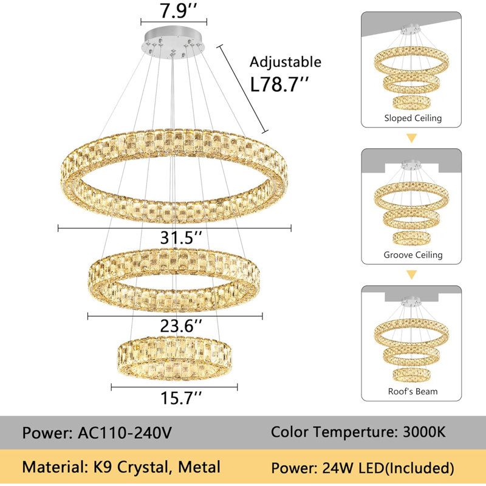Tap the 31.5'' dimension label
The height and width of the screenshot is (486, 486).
pos(181,238)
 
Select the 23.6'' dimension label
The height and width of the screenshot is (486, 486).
pos(181,326)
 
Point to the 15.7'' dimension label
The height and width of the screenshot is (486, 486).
pos(181,398)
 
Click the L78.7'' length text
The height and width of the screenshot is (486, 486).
pos(279,84)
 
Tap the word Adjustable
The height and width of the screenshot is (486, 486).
pos(286,63)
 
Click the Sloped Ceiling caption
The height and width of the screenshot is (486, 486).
pos(413,118)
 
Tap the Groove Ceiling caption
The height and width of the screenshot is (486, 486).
pos(413,255)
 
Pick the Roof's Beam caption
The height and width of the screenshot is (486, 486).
pos(413,391)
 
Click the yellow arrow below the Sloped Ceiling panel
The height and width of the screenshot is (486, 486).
pos(412,138)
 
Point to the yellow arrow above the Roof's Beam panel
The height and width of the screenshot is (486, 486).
pos(412,275)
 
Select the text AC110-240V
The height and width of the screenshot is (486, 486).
pos(125,433)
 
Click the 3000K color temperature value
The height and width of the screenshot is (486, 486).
pos(424,432)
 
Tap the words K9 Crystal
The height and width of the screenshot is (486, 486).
pos(131,467)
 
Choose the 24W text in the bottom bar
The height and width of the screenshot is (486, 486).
pos(338,468)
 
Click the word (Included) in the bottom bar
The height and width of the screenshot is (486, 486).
pos(419,468)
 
